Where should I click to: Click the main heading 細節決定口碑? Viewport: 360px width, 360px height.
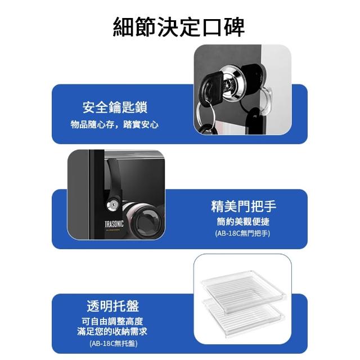coord(179,27)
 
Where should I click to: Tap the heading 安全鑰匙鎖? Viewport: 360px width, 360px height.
coord(115,107)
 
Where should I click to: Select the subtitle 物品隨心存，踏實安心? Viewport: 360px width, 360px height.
coord(114,124)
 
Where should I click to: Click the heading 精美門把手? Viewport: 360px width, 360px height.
coord(244,206)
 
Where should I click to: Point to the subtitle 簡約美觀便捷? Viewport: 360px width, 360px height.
coord(243,221)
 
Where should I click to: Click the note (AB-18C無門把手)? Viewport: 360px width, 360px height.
coord(242,233)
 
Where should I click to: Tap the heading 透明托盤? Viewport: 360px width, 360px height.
coord(113,306)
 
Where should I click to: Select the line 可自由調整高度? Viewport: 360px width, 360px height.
coord(112,321)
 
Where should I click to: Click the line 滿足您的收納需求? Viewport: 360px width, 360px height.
coord(112,331)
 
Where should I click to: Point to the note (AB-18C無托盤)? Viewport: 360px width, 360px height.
coord(114,344)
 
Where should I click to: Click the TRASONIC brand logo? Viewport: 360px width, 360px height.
coord(114,224)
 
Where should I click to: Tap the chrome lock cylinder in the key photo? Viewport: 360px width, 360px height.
coord(231,83)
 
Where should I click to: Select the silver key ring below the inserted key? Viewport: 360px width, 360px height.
coord(206,116)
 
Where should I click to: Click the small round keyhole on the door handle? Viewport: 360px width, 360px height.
coord(113,205)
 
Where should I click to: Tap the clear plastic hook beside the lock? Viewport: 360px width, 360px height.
coord(266,101)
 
